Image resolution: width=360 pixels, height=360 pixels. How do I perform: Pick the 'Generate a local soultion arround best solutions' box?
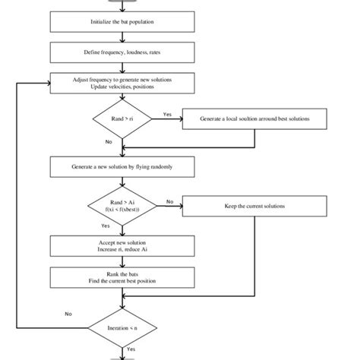(254, 120)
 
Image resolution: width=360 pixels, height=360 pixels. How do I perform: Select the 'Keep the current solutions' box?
(254, 206)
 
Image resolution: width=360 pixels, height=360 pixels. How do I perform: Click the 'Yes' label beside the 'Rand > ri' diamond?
(168, 115)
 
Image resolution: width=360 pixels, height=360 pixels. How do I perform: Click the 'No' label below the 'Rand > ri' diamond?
(109, 141)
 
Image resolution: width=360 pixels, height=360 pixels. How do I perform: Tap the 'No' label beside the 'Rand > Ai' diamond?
(169, 201)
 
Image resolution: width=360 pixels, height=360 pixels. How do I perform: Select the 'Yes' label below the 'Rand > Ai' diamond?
(105, 226)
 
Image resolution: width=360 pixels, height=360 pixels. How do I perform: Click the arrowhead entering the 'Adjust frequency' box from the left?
(46, 83)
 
